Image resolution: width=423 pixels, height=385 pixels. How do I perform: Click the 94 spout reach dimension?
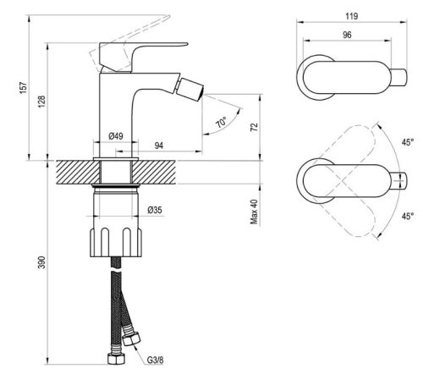(160, 145)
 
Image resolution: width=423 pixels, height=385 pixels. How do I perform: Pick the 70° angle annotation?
(222, 122)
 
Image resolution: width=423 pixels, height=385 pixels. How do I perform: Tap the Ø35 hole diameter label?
(155, 210)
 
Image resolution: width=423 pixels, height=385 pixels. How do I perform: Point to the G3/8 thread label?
(155, 360)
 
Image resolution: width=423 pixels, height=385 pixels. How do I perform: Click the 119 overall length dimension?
(352, 15)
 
